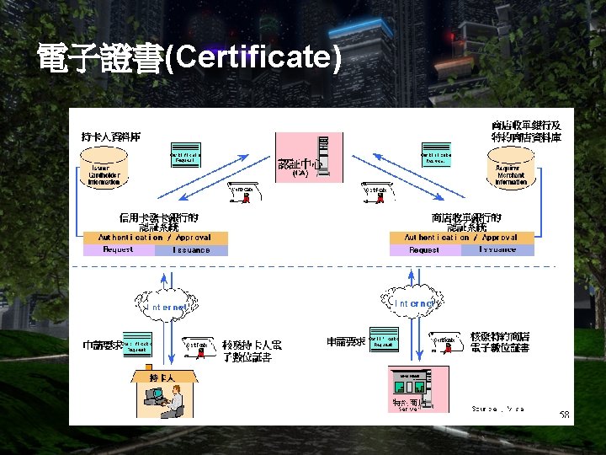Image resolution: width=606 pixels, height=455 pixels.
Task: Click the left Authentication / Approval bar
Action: pos(156,238)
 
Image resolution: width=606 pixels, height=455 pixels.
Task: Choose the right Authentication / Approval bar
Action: pos(462,238)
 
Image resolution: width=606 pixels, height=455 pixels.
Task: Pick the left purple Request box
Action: pos(119,249)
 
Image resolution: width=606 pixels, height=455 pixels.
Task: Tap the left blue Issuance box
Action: pos(191,249)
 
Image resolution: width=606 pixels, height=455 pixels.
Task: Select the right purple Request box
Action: pos(426,249)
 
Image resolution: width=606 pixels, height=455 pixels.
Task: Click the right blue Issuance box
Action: pos(498,249)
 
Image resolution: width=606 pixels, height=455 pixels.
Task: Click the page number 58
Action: pos(565,415)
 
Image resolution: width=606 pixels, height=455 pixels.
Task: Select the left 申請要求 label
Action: pos(100,345)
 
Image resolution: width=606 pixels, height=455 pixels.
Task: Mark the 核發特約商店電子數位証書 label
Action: pos(500,342)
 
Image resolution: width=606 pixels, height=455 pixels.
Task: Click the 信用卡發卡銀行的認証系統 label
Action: pos(157,222)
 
